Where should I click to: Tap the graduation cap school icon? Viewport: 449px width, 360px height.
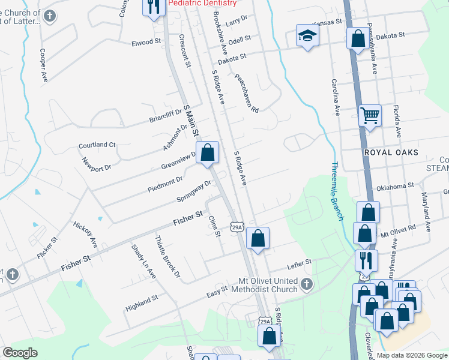(307, 36)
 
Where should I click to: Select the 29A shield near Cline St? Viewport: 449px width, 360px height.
(237, 226)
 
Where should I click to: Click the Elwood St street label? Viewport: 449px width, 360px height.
(147, 43)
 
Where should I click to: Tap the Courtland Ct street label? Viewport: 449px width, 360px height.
(97, 145)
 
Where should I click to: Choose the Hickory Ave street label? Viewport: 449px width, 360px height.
(85, 234)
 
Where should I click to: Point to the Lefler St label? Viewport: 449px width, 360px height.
(300, 262)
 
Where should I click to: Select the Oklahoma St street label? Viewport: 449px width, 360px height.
(395, 187)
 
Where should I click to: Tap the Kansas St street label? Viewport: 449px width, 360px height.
(328, 22)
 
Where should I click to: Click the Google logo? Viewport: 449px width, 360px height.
(20, 353)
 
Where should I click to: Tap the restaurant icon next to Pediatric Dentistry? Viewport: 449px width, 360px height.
(154, 7)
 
